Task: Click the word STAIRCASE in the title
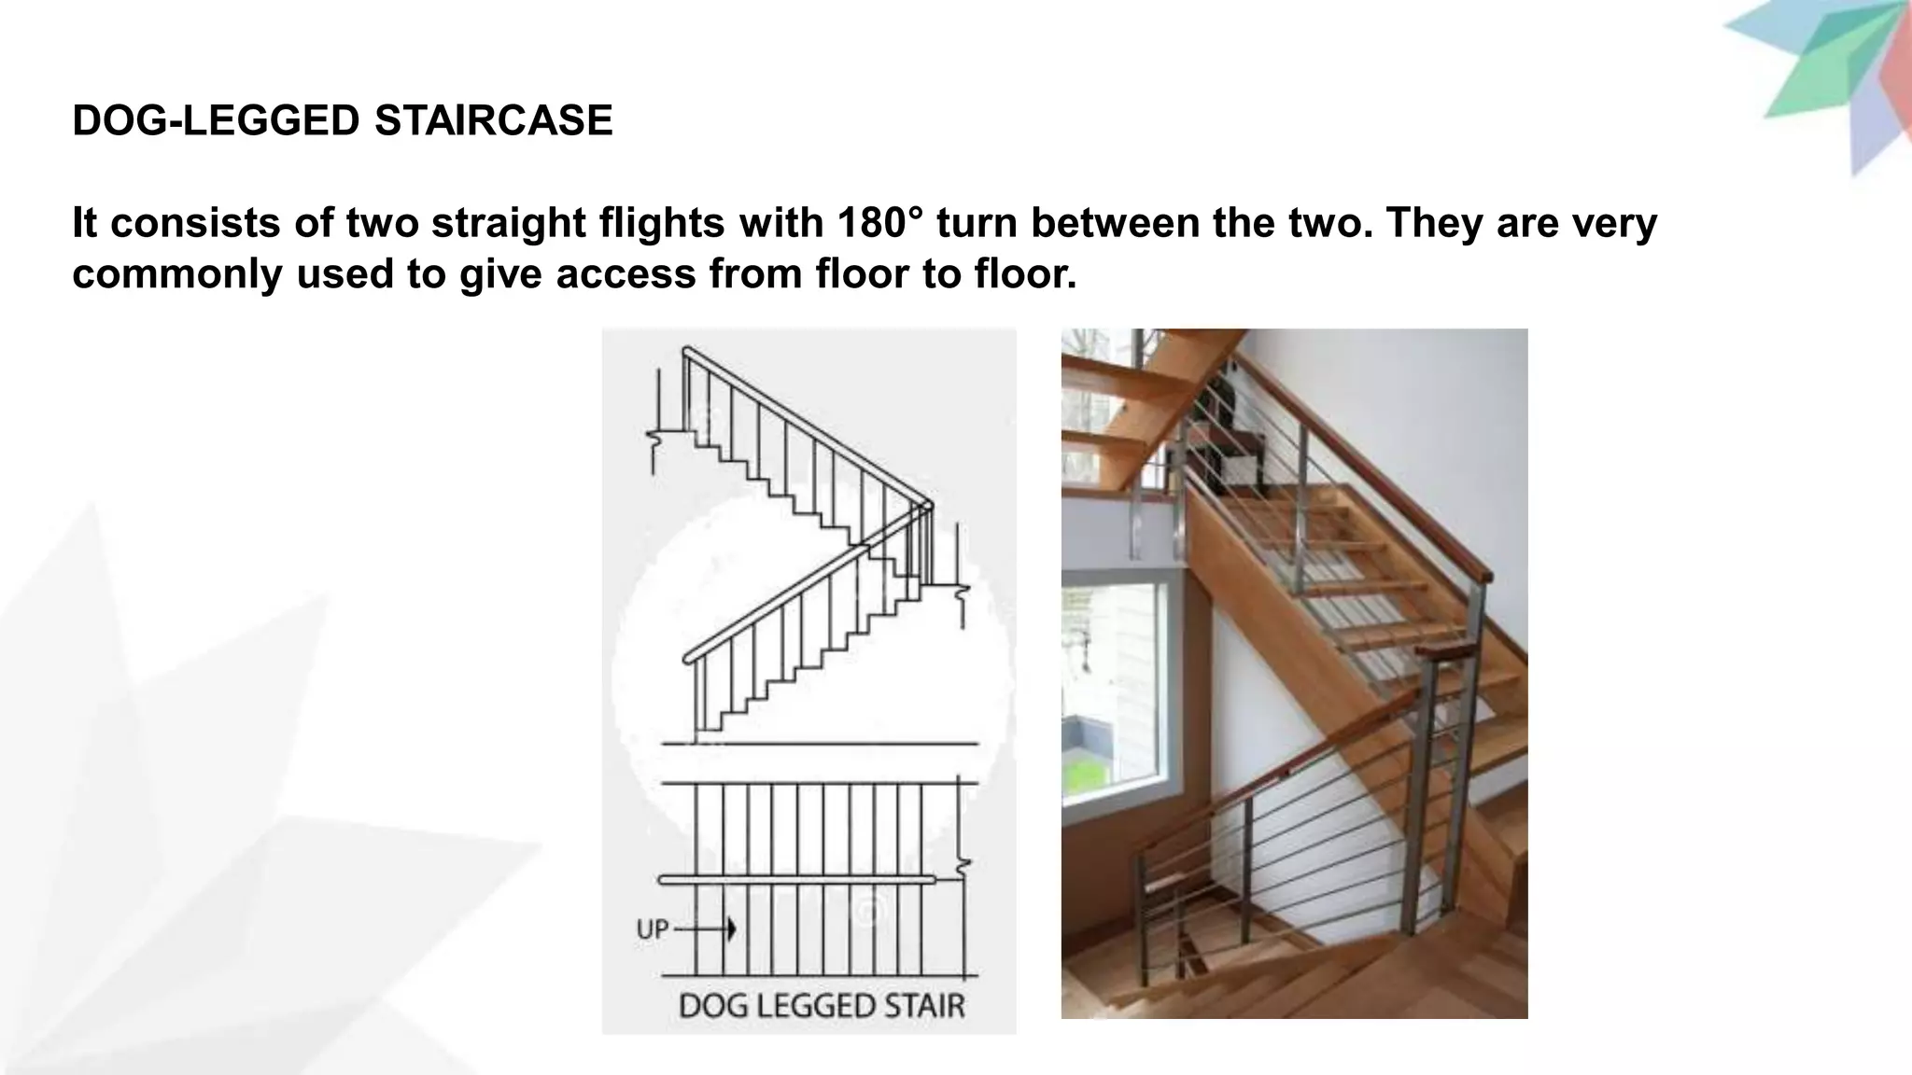(493, 121)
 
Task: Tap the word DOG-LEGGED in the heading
(216, 121)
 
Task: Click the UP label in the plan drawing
(652, 929)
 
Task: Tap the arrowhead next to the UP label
(730, 929)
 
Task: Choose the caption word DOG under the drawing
(707, 1006)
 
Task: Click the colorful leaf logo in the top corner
(1830, 75)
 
